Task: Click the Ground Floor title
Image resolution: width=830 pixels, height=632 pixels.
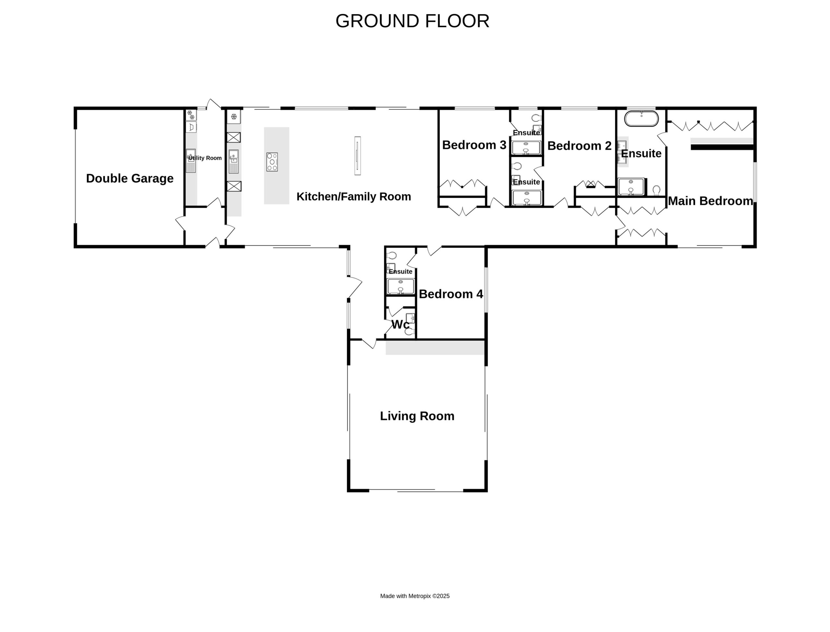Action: coord(412,21)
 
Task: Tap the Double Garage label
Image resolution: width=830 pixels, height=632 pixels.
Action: coord(130,178)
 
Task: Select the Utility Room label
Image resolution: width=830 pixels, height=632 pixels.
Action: coord(205,158)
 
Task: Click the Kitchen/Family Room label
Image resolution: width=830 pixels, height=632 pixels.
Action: coord(354,196)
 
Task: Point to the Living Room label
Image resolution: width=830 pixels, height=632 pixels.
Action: coord(417,416)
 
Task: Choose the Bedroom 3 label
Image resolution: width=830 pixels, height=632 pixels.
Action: coord(474,145)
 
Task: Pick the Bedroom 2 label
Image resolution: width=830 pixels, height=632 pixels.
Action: coord(579,146)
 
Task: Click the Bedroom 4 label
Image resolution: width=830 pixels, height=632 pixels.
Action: coord(451,294)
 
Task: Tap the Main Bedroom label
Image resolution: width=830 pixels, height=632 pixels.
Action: coord(710,201)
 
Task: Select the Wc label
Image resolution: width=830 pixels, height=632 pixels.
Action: coord(400,324)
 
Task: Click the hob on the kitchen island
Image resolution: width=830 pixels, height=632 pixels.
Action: coord(272,162)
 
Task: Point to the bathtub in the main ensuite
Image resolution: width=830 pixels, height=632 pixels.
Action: coord(642,119)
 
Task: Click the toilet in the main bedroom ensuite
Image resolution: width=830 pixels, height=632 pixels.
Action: coord(657,190)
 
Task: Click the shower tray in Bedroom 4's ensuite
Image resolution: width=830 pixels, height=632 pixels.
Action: coord(401,286)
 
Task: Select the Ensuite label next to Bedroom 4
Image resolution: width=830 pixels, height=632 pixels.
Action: coord(400,271)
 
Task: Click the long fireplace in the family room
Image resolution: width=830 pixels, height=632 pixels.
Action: coord(357,156)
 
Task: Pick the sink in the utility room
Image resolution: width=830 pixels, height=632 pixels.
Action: coord(191,161)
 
